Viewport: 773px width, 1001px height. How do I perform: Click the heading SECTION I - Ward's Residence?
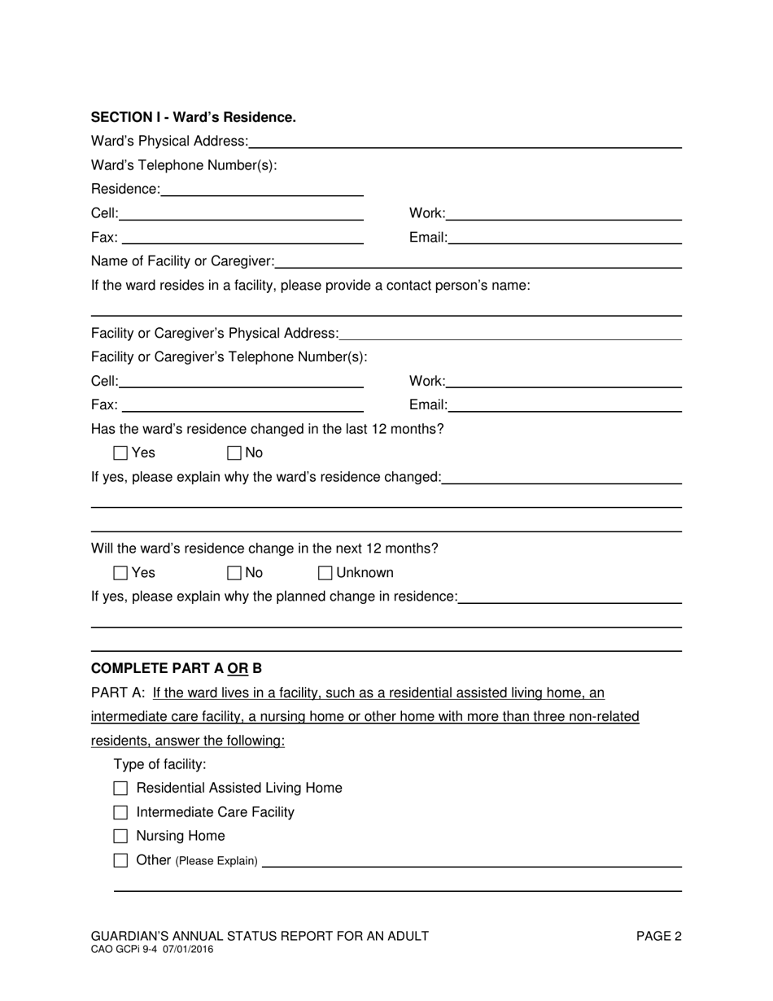(x=194, y=117)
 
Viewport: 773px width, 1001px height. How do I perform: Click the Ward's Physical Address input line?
(x=465, y=142)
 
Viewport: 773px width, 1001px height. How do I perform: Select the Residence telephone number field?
(x=262, y=190)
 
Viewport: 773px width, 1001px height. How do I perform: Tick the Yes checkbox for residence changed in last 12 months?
(x=121, y=453)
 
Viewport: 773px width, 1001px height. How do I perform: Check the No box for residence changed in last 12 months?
(x=235, y=453)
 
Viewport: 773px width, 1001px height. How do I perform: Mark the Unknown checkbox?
(x=325, y=573)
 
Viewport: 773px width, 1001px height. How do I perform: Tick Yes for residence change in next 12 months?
(x=121, y=573)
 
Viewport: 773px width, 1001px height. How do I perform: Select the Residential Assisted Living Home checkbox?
(x=121, y=789)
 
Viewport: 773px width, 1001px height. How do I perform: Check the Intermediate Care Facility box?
(x=121, y=812)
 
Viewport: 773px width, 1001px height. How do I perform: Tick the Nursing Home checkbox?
(x=121, y=836)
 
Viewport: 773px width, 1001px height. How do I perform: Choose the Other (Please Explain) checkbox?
(x=121, y=860)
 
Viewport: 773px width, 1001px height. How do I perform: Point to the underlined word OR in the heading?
(x=238, y=669)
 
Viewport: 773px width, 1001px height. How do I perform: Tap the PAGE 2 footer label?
(x=659, y=937)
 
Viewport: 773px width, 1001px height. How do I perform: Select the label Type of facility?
(x=160, y=764)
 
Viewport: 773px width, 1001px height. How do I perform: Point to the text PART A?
(x=118, y=693)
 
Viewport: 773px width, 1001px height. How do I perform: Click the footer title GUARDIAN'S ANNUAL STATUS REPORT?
(x=260, y=937)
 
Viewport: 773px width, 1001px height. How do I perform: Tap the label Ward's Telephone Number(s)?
(x=184, y=166)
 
